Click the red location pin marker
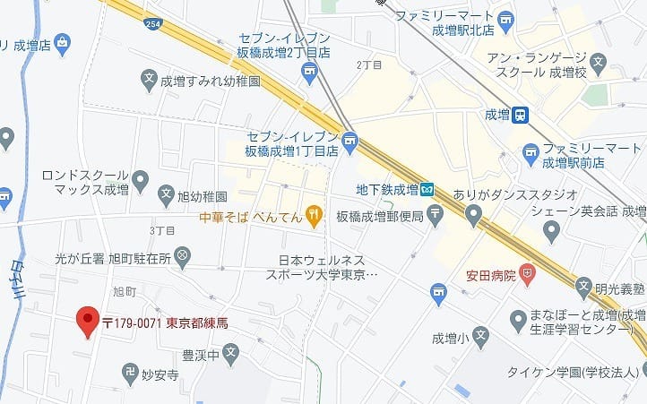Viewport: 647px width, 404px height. pyautogui.click(x=87, y=320)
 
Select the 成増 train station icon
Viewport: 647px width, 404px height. pyautogui.click(x=520, y=114)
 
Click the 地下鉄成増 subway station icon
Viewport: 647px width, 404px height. pyautogui.click(x=427, y=189)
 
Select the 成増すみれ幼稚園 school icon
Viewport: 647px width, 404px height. pyautogui.click(x=150, y=81)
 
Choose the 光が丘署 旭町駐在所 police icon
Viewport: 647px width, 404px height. pyautogui.click(x=183, y=256)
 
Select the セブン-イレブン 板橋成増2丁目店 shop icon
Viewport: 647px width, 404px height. pyautogui.click(x=310, y=71)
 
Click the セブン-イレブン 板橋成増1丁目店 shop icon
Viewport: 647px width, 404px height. pyautogui.click(x=349, y=140)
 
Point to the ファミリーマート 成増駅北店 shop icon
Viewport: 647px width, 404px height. pyautogui.click(x=506, y=18)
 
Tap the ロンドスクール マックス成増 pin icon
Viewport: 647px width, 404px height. pyautogui.click(x=139, y=182)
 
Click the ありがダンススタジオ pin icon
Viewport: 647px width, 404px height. pyautogui.click(x=473, y=213)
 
